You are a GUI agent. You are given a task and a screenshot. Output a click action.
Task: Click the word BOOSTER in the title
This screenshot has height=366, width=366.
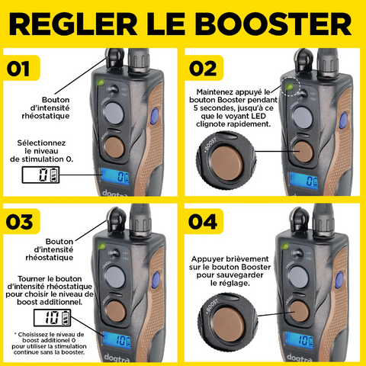(274, 24)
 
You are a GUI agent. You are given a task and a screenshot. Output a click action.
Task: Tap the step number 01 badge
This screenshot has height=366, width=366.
(21, 68)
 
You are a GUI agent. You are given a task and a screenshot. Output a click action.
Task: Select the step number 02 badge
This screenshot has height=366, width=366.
(204, 68)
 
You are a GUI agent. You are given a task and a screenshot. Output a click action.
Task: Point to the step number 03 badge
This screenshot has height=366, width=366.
(21, 221)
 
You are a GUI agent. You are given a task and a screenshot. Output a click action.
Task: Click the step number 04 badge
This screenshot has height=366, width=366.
(204, 221)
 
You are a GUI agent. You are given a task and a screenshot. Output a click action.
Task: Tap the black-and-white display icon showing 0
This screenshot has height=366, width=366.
(40, 175)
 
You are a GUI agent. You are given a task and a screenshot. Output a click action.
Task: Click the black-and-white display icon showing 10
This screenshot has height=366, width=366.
(52, 318)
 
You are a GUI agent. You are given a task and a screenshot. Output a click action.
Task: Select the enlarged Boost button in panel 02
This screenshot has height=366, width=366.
(226, 160)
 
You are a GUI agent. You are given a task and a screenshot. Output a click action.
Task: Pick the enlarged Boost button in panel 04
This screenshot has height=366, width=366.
(227, 323)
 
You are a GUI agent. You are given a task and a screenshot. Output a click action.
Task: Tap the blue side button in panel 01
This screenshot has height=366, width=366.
(154, 116)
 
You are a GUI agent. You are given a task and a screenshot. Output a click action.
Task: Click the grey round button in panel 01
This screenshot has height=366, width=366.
(114, 113)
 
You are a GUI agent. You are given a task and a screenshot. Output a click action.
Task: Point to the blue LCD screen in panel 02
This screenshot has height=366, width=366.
(304, 181)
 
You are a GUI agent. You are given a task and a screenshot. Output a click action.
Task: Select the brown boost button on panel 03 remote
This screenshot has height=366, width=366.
(116, 311)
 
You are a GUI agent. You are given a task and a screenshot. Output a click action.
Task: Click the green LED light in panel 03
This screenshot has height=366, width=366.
(102, 246)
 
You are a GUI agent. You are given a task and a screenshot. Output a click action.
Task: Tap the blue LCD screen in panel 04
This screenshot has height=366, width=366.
(299, 340)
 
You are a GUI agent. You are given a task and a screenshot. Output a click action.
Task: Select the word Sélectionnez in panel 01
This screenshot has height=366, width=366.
(41, 143)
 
